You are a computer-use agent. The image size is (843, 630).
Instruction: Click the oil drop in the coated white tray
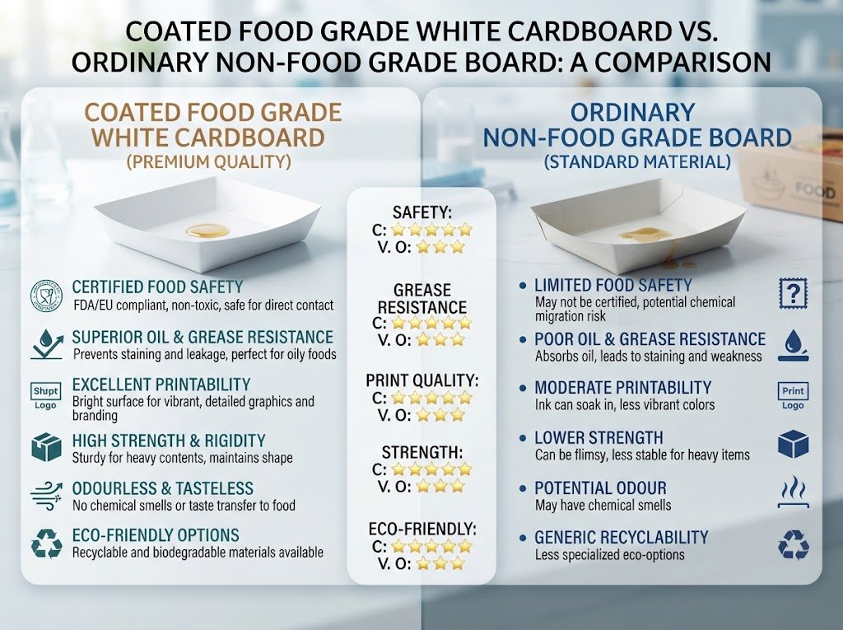pyautogui.click(x=207, y=231)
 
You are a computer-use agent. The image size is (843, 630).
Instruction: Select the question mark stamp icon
pyautogui.click(x=793, y=294)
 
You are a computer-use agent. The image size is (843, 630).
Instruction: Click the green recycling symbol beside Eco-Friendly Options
pyautogui.click(x=47, y=544)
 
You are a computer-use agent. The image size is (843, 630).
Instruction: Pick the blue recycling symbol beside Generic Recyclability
pyautogui.click(x=794, y=544)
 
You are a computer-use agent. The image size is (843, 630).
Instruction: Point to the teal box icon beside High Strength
pyautogui.click(x=46, y=447)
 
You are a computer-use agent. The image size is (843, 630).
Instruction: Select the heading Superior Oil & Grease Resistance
pyautogui.click(x=203, y=337)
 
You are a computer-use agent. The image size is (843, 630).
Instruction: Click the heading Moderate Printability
pyautogui.click(x=622, y=387)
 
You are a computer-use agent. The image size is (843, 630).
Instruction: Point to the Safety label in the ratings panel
pyautogui.click(x=422, y=212)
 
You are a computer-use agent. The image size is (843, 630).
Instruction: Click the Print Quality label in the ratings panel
pyautogui.click(x=422, y=380)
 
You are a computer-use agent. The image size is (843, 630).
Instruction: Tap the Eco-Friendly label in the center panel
pyautogui.click(x=422, y=529)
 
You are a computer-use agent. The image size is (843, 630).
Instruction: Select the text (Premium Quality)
pyautogui.click(x=208, y=162)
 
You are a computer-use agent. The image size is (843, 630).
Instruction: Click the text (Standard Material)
pyautogui.click(x=637, y=162)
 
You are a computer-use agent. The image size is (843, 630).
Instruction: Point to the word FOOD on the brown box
pyautogui.click(x=814, y=190)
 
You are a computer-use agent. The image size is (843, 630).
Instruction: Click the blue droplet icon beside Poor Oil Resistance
pyautogui.click(x=793, y=345)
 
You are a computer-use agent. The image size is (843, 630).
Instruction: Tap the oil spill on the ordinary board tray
pyautogui.click(x=645, y=235)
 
